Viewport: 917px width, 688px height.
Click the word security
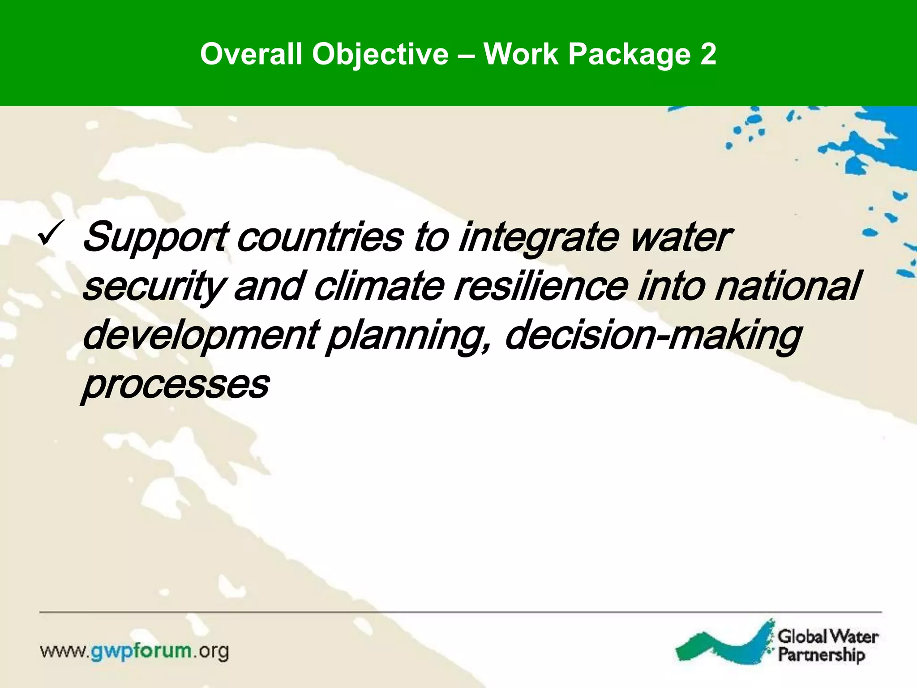click(152, 287)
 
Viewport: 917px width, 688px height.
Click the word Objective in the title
click(380, 54)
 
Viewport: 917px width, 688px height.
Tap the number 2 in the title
click(708, 54)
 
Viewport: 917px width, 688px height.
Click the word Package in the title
click(630, 54)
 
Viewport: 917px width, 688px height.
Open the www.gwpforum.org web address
click(135, 651)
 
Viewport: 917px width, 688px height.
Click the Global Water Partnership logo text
click(827, 645)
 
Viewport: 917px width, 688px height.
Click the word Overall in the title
click(251, 54)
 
